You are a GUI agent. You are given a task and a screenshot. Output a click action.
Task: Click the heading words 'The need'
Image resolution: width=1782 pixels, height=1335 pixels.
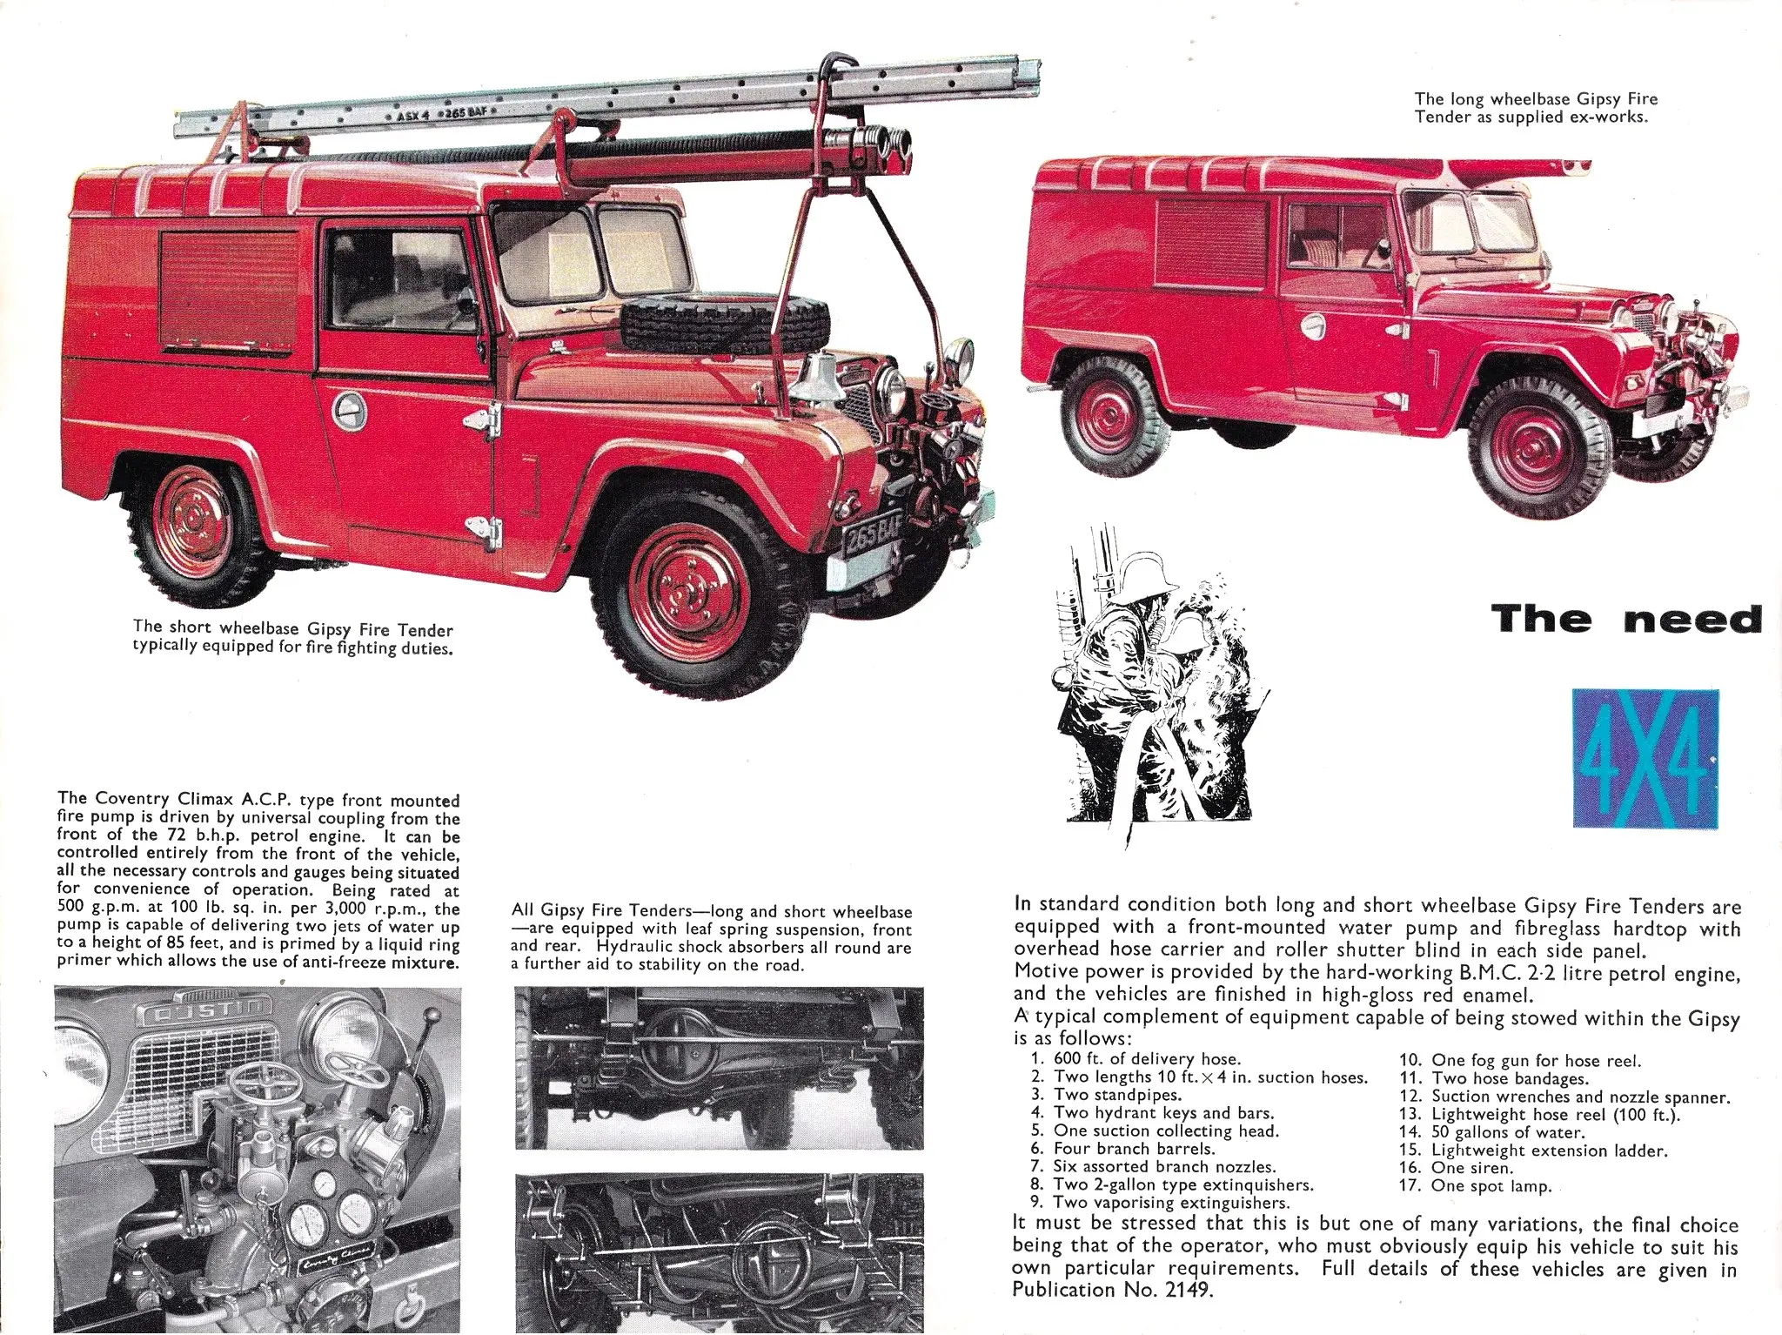click(x=1625, y=620)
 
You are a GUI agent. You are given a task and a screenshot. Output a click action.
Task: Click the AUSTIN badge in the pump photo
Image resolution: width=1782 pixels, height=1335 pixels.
click(x=193, y=1014)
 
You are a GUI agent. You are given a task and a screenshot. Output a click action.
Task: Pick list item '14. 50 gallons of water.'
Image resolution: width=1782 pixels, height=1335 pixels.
click(x=1491, y=1132)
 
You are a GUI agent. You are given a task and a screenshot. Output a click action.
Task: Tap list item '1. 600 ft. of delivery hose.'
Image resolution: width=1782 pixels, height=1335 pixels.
click(x=1135, y=1059)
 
